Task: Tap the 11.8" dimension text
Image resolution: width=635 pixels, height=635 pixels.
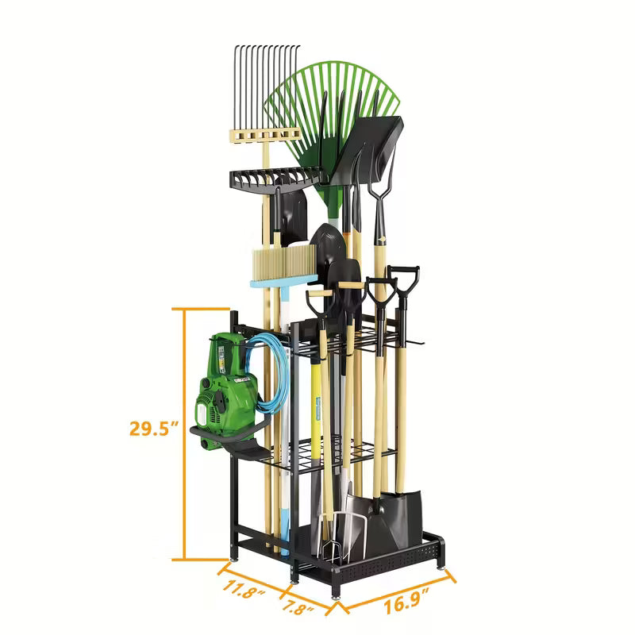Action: point(244,590)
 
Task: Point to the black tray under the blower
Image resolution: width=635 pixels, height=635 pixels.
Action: point(238,452)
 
